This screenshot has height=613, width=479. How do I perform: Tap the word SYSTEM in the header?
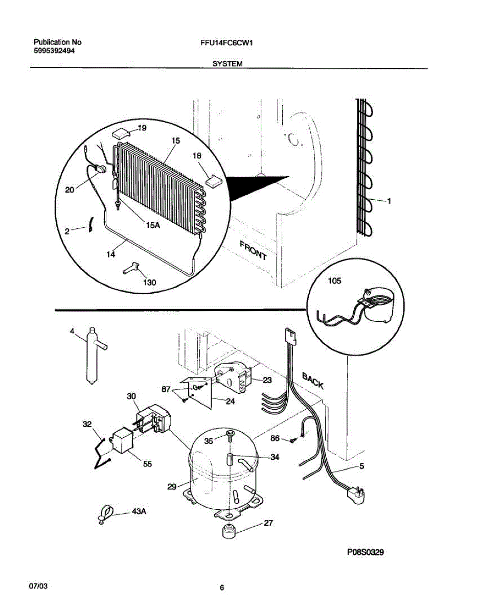tap(227, 64)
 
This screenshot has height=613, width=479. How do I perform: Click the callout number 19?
tap(142, 128)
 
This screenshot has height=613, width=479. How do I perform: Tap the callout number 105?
tap(334, 281)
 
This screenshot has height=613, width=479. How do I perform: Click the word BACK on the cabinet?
tap(312, 381)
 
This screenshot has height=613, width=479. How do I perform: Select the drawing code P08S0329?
tap(365, 552)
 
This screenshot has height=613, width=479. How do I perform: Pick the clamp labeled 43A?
tap(105, 514)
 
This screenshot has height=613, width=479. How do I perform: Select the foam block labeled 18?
tap(213, 180)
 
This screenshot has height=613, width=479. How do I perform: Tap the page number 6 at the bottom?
tap(222, 588)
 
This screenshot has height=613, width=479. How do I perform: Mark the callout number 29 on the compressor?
tap(172, 487)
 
